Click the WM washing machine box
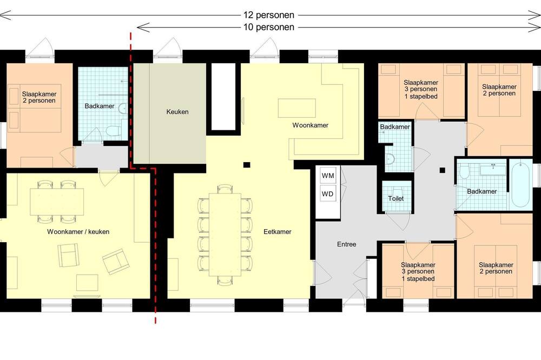328,176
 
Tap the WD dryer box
328,194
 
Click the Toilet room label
396,198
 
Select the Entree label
346,244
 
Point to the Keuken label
177,112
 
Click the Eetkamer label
278,232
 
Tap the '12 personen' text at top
269,15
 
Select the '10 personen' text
269,27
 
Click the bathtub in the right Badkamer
521,184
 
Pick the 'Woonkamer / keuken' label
78,232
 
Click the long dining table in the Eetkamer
225,235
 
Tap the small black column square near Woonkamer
247,165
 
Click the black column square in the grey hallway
443,170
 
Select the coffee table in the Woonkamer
297,108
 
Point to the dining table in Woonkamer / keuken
57,202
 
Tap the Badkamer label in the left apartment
100,106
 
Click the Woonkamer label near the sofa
310,125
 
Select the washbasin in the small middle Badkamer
390,158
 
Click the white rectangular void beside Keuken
223,97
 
